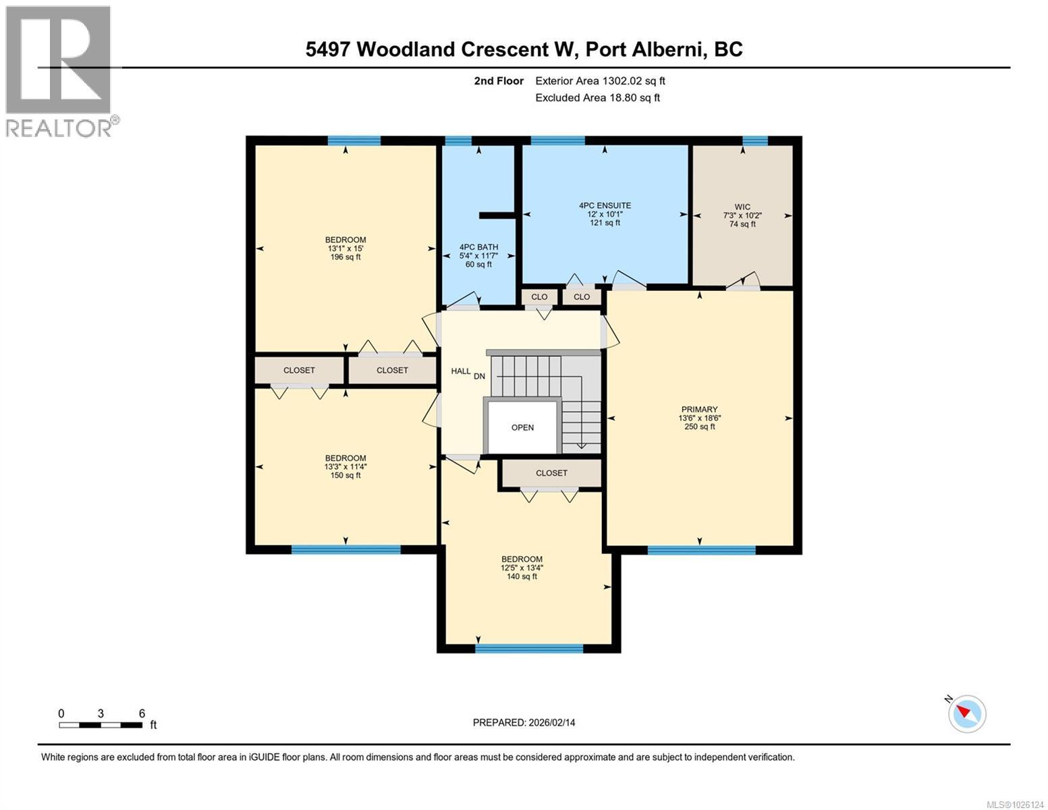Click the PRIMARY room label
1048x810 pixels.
coord(699,409)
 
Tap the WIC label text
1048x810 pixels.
coord(742,207)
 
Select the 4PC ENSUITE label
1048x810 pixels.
coord(605,205)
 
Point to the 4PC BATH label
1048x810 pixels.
coord(478,247)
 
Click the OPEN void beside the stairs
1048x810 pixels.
coord(522,427)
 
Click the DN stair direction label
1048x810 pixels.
coord(479,376)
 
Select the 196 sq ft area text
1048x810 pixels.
coord(346,257)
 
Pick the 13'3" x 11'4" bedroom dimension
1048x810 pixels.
coord(346,466)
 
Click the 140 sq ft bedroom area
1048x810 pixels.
coord(522,576)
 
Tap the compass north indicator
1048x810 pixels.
coord(967,713)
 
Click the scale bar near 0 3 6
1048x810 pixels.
coord(101,725)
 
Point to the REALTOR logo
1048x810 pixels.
coord(59,71)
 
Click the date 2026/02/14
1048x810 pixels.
coord(551,722)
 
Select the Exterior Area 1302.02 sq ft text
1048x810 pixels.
coord(600,81)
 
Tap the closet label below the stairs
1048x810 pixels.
coord(551,473)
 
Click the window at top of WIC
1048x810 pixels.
coord(755,140)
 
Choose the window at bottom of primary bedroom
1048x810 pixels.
coord(701,550)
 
